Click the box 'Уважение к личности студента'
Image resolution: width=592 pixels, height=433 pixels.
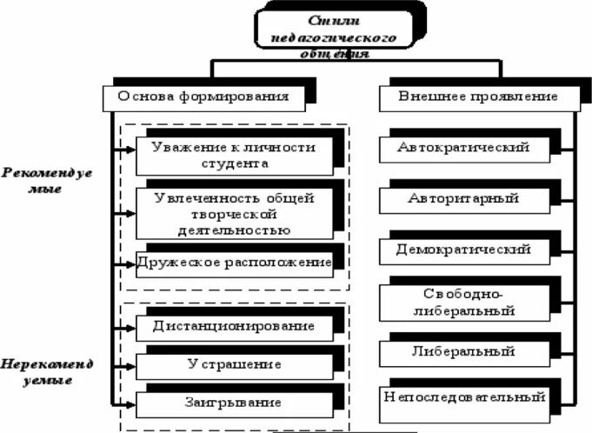(232, 154)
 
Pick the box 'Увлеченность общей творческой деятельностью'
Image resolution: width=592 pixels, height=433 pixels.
(232, 213)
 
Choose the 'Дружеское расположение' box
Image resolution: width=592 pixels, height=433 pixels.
(233, 263)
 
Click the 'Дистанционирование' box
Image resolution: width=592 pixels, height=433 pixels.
(233, 327)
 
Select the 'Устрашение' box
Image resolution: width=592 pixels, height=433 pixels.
(233, 365)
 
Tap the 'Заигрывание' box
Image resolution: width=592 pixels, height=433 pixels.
(233, 403)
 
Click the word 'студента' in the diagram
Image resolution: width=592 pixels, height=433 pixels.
(232, 163)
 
